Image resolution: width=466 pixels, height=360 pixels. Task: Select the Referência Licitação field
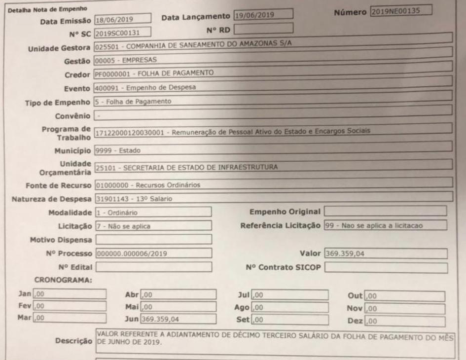coord(385,225)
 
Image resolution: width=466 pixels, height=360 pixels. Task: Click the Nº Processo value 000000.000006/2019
coord(153,254)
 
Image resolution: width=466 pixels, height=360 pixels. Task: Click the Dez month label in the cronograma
coord(354,321)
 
